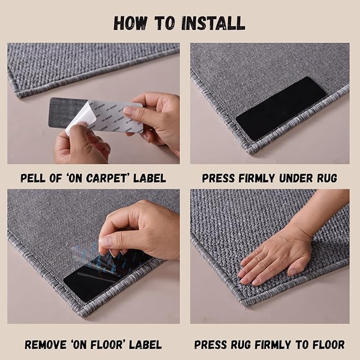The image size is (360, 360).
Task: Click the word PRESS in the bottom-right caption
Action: pyautogui.click(x=212, y=345)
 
